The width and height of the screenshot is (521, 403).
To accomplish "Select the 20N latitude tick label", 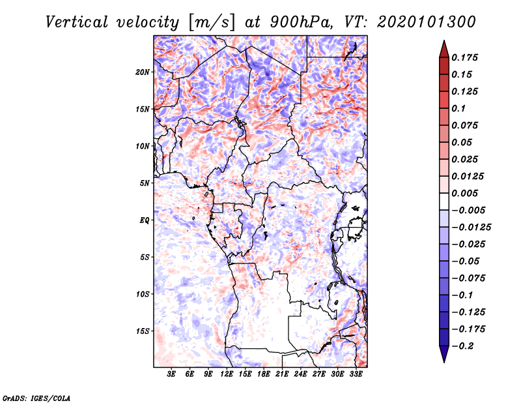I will tap(143, 72).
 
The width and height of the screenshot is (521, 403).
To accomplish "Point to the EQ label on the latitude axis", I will tap(145, 220).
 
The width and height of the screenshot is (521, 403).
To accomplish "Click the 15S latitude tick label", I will tap(143, 331).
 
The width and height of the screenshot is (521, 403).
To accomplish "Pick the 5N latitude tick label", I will tap(145, 183).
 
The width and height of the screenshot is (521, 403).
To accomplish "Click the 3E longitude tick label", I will tap(172, 374).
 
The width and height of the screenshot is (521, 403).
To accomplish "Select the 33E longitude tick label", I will tap(356, 374).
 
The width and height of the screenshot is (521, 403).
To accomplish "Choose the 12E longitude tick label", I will tap(227, 374).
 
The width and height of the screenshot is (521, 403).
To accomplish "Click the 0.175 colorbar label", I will tap(466, 57).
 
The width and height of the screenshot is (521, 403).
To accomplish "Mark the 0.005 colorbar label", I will tap(466, 194).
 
